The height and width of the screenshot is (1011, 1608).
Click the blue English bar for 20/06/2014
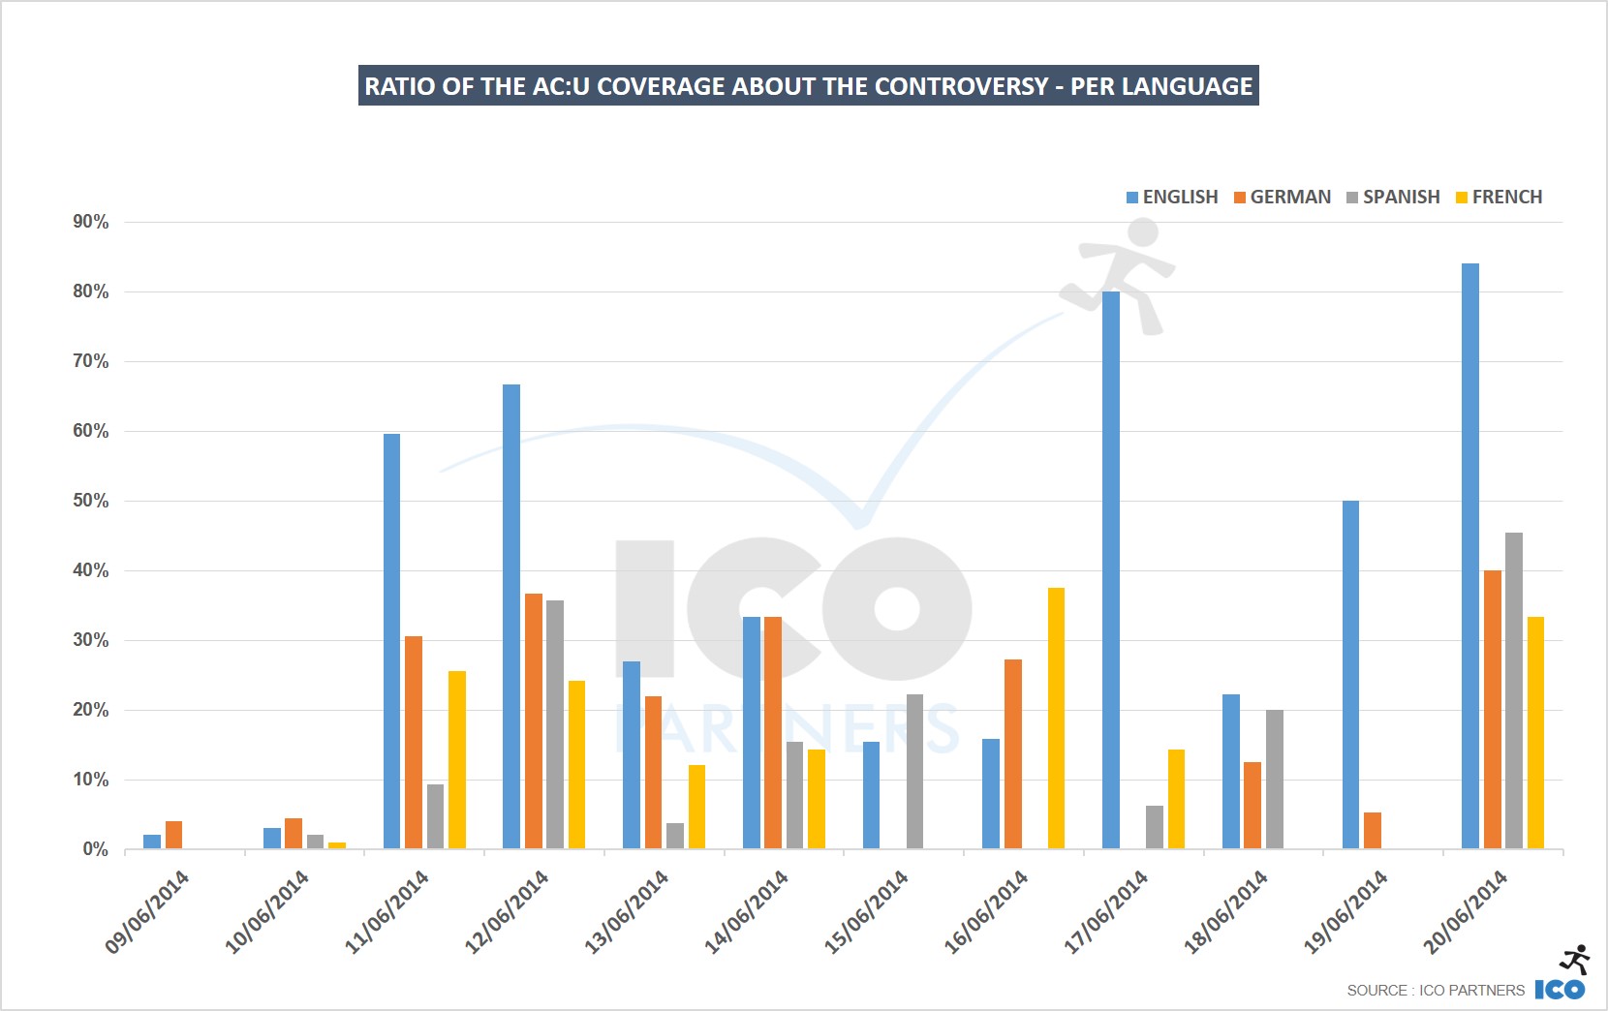[x=1469, y=557]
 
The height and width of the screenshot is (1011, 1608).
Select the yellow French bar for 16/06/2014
[x=1056, y=719]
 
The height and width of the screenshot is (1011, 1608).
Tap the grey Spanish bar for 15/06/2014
[x=914, y=772]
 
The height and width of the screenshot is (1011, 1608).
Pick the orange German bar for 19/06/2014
[x=1372, y=831]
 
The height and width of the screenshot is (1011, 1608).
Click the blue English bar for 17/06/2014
[x=1110, y=570]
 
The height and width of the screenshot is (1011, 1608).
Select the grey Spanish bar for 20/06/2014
[x=1513, y=690]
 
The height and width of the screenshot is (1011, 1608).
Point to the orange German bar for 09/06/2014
[x=173, y=836]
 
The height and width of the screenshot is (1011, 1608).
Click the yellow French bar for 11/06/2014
[x=457, y=760]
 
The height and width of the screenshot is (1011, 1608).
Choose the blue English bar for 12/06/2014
[x=511, y=617]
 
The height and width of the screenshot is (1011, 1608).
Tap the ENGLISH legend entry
[x=1172, y=197]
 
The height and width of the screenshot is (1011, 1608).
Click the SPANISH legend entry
[x=1393, y=197]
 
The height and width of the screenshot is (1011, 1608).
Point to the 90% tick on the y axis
[x=91, y=222]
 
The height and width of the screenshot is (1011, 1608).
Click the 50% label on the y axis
[x=91, y=501]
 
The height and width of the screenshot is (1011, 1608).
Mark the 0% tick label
[x=95, y=849]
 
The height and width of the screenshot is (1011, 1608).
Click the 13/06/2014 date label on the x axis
[x=627, y=911]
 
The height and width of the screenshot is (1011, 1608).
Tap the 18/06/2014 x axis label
[x=1225, y=911]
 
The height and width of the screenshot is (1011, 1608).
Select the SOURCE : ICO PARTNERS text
[x=1435, y=990]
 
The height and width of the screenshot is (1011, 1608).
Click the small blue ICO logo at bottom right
[x=1560, y=989]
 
